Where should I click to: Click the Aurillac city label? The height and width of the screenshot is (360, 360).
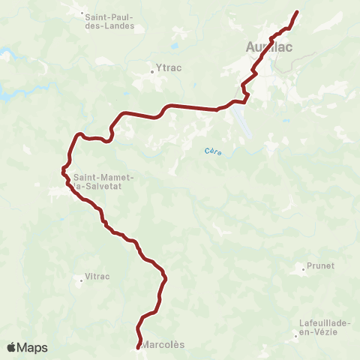coord(268,46)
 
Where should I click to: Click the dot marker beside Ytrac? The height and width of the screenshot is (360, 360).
coord(152,72)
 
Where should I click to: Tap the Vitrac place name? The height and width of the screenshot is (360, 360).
coord(97,276)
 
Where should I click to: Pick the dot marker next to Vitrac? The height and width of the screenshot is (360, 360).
coord(81,281)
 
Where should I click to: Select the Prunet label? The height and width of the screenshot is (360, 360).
coord(319,265)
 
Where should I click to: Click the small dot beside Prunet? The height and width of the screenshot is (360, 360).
coord(302,268)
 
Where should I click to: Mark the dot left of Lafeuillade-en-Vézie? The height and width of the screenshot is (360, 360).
coord(295,335)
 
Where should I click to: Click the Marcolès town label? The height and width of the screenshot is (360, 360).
coord(163,345)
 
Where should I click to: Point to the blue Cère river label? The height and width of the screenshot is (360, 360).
coord(213,151)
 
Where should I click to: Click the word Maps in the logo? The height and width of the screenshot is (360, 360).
coord(32,347)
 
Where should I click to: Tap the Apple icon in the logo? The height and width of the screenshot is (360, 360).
coord(12,347)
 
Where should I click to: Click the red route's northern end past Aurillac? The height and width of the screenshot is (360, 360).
coord(297,12)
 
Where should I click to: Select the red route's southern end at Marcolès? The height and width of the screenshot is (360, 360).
coord(138,346)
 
